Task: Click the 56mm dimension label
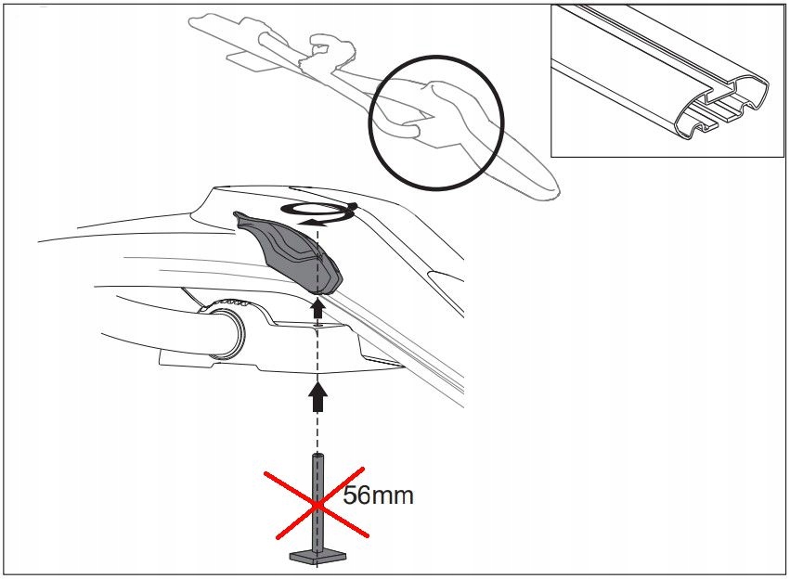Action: pyautogui.click(x=378, y=495)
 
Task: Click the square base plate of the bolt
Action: pyautogui.click(x=317, y=557)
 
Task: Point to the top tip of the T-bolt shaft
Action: pyautogui.click(x=317, y=454)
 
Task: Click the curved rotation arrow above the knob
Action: pyautogui.click(x=318, y=213)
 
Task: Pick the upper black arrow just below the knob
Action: pyautogui.click(x=317, y=307)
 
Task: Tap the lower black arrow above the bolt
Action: pyautogui.click(x=317, y=395)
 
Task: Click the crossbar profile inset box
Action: pyautogui.click(x=667, y=81)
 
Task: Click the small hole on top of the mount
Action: pyautogui.click(x=317, y=327)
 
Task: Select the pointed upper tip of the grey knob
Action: pyautogui.click(x=237, y=215)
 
